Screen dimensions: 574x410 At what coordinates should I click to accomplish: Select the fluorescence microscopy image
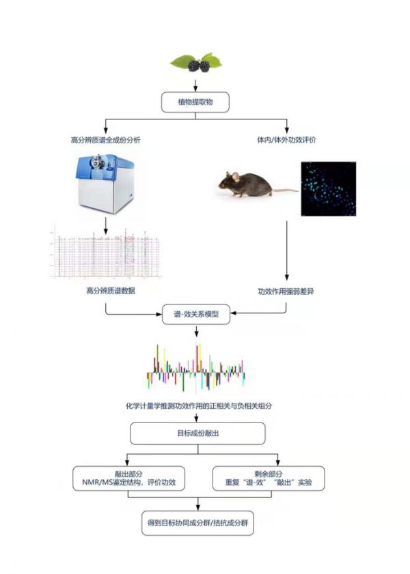click(328, 189)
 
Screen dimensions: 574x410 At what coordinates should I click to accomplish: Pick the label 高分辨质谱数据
click(105, 291)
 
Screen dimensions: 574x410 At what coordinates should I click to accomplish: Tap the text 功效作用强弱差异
click(286, 291)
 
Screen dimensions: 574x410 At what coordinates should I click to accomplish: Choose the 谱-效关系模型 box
click(196, 317)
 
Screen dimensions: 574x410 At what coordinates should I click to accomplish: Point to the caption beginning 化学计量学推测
click(195, 405)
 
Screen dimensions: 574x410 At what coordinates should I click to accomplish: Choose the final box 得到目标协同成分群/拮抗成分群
click(197, 523)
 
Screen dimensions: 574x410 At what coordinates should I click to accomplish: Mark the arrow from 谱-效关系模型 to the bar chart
click(196, 332)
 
